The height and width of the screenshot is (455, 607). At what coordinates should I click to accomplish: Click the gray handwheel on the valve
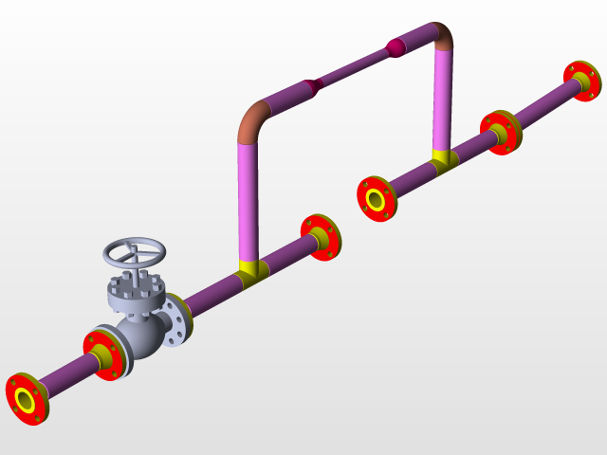tap(134, 252)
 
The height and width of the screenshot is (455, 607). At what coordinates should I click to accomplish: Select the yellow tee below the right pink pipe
tap(442, 158)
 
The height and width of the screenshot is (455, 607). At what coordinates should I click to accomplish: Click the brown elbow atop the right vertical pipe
tap(441, 35)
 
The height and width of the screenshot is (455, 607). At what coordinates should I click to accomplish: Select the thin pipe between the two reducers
tap(353, 65)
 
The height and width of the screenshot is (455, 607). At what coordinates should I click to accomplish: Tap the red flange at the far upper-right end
tap(580, 82)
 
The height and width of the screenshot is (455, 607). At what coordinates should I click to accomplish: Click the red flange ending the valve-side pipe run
tap(319, 237)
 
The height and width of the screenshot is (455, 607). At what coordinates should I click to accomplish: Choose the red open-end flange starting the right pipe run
tap(376, 199)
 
